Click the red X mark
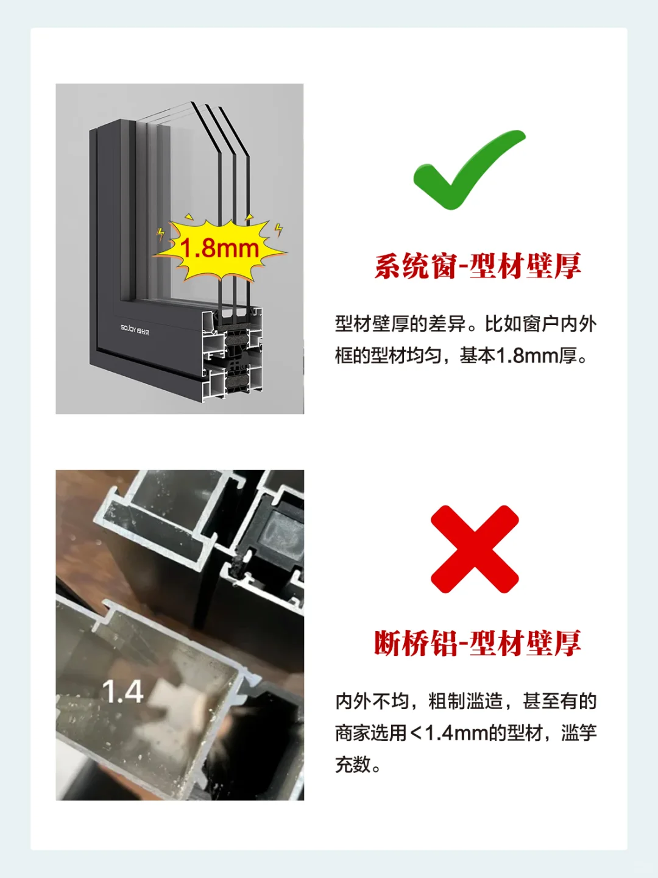475,549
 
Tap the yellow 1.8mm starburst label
220,248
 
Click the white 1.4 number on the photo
122,692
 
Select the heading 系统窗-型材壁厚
478,266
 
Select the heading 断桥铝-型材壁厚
478,643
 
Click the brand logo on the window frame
135,329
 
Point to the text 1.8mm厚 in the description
537,355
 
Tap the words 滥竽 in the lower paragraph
579,732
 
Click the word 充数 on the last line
353,764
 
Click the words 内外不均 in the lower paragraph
372,701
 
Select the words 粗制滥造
465,701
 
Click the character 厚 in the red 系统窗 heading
568,266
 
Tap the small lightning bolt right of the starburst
278,230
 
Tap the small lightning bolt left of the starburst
161,234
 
